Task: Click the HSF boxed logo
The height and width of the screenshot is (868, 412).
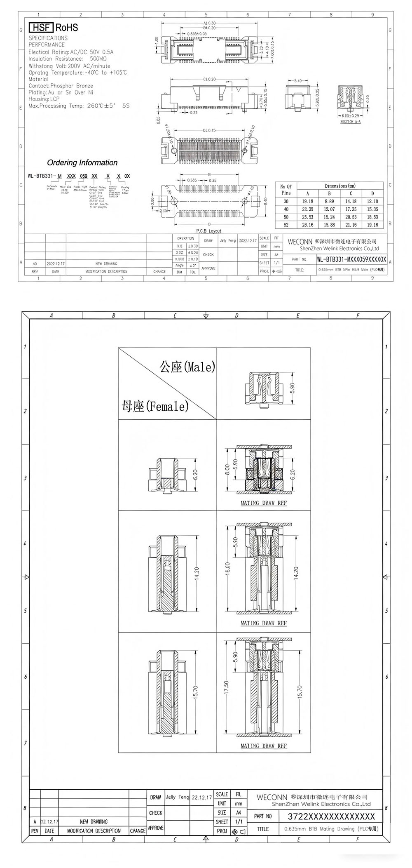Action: (x=41, y=28)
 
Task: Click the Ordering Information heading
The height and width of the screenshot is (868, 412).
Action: (x=82, y=162)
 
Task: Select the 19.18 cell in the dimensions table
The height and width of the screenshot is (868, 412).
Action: (x=307, y=201)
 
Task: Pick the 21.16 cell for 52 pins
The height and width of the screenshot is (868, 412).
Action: (x=351, y=225)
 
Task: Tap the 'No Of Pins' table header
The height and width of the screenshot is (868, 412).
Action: (x=286, y=189)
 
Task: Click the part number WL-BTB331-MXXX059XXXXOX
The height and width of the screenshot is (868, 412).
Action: (x=351, y=259)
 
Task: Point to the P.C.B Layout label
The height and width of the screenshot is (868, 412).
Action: (x=208, y=231)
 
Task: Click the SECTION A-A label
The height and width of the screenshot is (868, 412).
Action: (x=351, y=122)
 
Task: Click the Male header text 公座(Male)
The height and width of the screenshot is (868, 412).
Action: (x=187, y=367)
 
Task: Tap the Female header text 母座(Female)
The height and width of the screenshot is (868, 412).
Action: (x=155, y=406)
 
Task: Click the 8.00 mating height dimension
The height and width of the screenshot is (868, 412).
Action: (x=227, y=469)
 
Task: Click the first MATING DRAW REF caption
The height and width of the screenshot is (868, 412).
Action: (x=264, y=503)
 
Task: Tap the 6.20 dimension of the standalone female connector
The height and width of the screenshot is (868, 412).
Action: (x=195, y=474)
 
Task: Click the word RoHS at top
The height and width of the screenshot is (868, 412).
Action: (x=67, y=28)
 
